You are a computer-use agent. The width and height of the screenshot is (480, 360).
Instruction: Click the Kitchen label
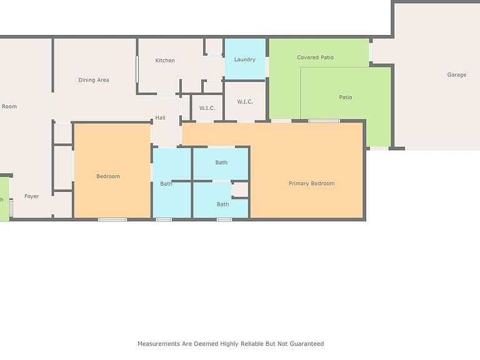click(165, 60)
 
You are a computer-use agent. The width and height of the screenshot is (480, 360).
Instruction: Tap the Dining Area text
click(94, 80)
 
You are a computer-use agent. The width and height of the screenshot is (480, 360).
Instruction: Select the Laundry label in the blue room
click(244, 60)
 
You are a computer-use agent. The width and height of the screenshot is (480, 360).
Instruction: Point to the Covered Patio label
click(315, 57)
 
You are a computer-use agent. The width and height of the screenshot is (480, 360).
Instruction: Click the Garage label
click(457, 75)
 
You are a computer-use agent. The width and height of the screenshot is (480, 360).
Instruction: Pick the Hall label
click(160, 117)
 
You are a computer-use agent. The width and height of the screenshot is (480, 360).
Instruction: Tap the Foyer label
click(31, 196)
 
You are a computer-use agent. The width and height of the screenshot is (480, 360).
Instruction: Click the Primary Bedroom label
click(312, 183)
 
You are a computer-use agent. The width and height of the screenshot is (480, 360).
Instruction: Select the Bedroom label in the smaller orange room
click(108, 176)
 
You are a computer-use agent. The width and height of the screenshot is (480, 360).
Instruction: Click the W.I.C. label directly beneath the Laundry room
click(245, 102)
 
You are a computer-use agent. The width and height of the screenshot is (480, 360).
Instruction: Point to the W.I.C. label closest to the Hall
click(207, 108)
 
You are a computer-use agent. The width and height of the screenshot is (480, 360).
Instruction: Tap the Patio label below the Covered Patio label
click(346, 97)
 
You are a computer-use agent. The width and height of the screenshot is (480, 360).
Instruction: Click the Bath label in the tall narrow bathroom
click(166, 184)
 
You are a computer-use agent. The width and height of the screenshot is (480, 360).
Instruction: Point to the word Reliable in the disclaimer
click(252, 344)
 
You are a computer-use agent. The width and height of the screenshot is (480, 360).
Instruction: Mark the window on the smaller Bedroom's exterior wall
click(112, 219)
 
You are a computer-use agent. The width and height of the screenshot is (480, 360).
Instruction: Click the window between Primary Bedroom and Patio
click(324, 121)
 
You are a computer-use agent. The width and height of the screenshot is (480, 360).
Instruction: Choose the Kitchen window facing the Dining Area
click(137, 69)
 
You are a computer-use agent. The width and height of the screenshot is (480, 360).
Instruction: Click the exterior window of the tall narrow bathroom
click(164, 219)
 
